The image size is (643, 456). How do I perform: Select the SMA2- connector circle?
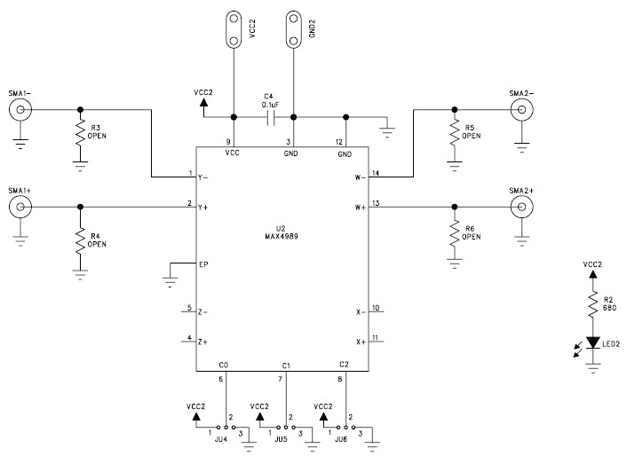[520, 109]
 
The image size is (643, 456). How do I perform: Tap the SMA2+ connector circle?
[520, 208]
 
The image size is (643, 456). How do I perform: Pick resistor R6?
[455, 233]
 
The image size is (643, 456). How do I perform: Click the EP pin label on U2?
[203, 264]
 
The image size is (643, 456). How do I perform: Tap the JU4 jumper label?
[219, 439]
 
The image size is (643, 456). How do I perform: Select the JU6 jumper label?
[340, 439]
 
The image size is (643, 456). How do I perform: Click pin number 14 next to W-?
[375, 172]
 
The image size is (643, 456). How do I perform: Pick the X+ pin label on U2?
[361, 342]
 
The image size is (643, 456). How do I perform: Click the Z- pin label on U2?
[203, 312]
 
